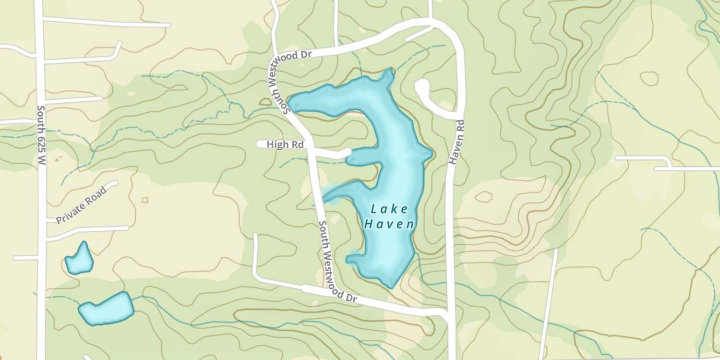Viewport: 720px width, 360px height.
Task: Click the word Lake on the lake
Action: tap(389, 209)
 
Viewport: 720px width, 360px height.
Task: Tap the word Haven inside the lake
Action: tap(389, 224)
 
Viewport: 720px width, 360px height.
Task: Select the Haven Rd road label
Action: tap(458, 143)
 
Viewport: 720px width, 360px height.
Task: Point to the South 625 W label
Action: tap(41, 135)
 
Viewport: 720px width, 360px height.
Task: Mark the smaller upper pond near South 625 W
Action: tap(79, 259)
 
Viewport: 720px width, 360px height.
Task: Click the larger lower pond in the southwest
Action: tap(107, 309)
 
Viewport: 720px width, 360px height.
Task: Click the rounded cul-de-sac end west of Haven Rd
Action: tap(422, 86)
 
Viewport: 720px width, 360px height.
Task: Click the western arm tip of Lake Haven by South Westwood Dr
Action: tap(290, 103)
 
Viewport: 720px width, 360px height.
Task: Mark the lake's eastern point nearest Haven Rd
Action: tap(431, 154)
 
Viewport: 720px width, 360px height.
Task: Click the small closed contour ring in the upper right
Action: tap(649, 78)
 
